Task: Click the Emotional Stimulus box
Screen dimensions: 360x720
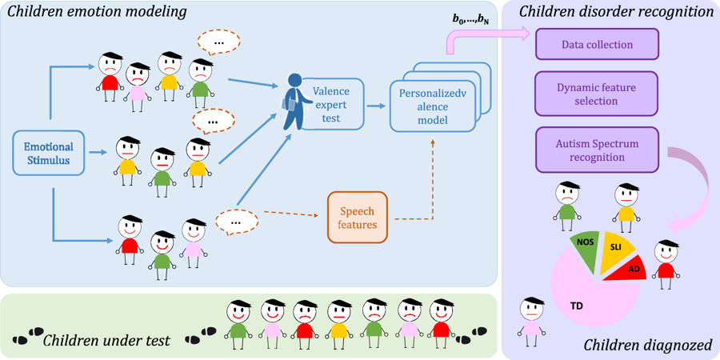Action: [x=49, y=154]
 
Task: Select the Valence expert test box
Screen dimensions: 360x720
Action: [x=330, y=105]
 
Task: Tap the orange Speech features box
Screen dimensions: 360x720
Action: [x=358, y=216]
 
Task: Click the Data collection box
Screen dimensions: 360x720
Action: [x=596, y=45]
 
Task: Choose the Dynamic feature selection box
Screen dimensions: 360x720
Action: [x=596, y=94]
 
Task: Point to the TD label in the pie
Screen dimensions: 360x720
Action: [x=577, y=306]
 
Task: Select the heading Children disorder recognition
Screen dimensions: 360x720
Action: [x=616, y=12]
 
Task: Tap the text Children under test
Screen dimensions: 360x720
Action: [x=106, y=340]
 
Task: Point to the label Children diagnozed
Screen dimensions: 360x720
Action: [x=646, y=346]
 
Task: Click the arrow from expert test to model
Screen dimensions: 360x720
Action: [x=374, y=105]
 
